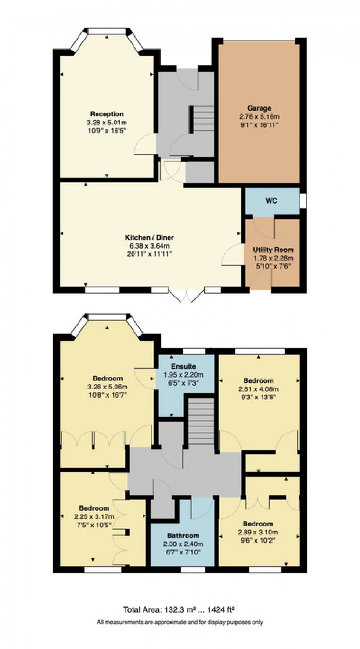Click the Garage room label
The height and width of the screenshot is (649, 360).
coord(259,108)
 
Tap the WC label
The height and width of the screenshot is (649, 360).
coord(271,201)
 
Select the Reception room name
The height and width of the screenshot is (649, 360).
coord(107,114)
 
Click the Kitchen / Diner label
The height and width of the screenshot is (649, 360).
coord(150,238)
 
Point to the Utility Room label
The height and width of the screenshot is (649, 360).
coord(273,250)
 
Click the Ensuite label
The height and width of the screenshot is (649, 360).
coord(183,366)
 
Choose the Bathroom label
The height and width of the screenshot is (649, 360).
coord(183,536)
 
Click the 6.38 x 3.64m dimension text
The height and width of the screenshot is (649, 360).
coord(150,246)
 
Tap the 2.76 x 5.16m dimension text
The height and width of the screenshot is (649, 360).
coord(259,117)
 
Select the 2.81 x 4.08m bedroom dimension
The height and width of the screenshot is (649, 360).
coord(259,389)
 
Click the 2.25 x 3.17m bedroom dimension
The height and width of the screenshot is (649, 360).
coord(94,516)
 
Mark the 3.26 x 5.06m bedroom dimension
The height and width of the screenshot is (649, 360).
coord(108,387)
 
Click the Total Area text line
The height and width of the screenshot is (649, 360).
coord(179,610)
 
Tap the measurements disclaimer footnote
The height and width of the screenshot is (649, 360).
coord(180,622)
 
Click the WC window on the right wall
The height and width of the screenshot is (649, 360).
coord(303,201)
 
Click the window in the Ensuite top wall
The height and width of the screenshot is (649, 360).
coord(194,351)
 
